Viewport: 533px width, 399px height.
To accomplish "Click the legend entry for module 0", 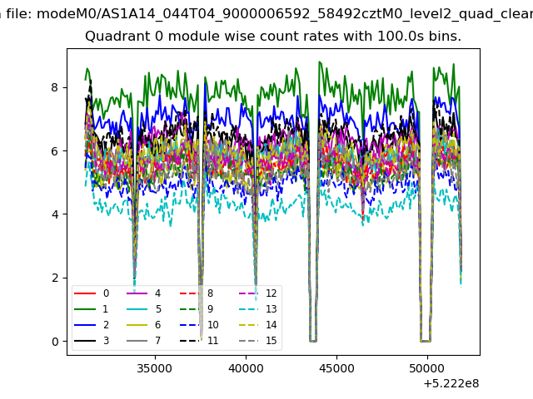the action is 92,293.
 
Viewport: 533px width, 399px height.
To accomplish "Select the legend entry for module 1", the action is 91,308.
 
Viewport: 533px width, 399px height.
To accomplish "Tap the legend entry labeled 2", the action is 92,325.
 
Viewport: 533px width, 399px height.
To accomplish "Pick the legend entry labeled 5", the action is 144,308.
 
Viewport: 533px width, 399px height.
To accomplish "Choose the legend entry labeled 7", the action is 144,340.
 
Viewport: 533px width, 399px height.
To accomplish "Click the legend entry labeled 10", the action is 199,325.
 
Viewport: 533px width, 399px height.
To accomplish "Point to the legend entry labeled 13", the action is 258,308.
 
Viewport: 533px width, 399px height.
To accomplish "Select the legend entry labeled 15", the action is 258,340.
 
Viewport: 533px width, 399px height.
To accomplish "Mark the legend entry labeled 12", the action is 258,293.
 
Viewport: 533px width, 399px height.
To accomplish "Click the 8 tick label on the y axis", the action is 55,87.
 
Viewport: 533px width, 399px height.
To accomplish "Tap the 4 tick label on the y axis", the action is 55,214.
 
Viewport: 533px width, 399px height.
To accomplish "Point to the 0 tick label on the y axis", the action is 55,342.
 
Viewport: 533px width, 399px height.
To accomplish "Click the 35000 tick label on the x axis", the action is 155,368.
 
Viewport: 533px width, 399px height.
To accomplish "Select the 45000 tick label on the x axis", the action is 336,368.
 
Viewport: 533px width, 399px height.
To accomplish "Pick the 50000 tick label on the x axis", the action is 427,368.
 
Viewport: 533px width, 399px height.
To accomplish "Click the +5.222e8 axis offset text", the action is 451,384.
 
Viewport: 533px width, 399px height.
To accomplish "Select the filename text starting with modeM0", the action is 285,14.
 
